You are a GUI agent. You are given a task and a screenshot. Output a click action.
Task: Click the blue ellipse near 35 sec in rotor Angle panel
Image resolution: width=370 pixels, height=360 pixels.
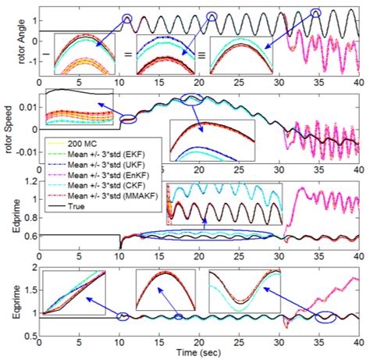tap(316, 12)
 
